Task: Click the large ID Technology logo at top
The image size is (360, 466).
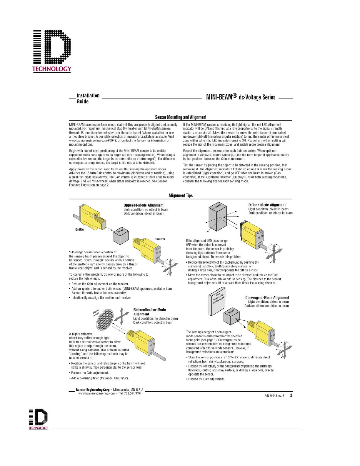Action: [52, 51]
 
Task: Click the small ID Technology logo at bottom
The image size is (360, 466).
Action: [38, 419]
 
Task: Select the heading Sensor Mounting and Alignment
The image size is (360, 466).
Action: [181, 117]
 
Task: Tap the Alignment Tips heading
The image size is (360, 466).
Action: [181, 196]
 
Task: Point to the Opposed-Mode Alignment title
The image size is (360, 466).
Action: [144, 205]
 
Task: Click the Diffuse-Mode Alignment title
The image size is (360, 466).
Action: [267, 205]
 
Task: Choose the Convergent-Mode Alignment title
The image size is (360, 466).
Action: [267, 298]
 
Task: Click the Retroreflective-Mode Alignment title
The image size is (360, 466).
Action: [149, 312]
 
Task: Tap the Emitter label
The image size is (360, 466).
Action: [79, 229]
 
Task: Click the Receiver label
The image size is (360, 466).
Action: [160, 239]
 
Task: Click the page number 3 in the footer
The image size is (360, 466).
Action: [291, 395]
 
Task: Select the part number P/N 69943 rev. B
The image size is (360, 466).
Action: [274, 396]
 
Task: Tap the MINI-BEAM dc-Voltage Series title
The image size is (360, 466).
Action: [241, 97]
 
